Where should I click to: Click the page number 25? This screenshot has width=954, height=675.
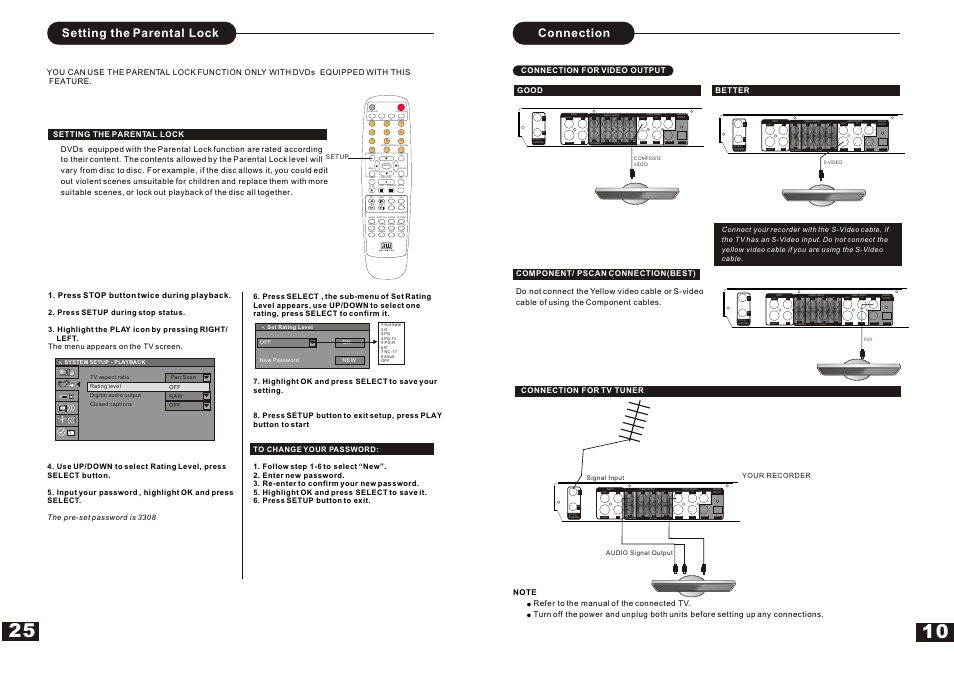[x=22, y=631]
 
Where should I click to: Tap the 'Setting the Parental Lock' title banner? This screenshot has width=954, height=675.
[x=141, y=33]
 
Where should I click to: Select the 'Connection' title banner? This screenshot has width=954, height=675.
[x=574, y=33]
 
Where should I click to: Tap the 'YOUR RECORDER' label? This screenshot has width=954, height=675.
[x=776, y=475]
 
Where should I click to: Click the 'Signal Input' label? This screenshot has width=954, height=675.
[x=605, y=478]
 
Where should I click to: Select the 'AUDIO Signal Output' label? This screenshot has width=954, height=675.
[x=639, y=553]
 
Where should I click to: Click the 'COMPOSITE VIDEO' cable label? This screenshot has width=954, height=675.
[x=647, y=161]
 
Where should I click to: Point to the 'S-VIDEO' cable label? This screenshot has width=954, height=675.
[x=833, y=162]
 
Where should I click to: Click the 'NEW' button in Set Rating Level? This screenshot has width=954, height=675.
[x=349, y=360]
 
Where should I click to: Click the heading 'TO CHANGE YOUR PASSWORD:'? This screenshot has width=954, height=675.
[x=316, y=449]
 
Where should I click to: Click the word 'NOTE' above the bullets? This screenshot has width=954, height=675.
[x=525, y=592]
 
